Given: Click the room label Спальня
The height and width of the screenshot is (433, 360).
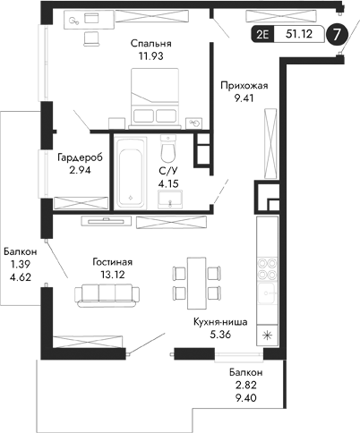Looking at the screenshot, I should point(150,42).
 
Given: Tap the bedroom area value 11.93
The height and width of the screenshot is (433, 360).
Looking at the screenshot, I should point(150,56).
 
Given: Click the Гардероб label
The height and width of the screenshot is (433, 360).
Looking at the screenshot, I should point(79,157).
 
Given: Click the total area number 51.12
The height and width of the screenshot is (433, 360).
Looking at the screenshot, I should point(298,35).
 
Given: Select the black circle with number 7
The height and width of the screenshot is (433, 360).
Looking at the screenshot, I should point(336,35).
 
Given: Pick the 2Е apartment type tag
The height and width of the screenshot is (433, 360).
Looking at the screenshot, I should point(261,35).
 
